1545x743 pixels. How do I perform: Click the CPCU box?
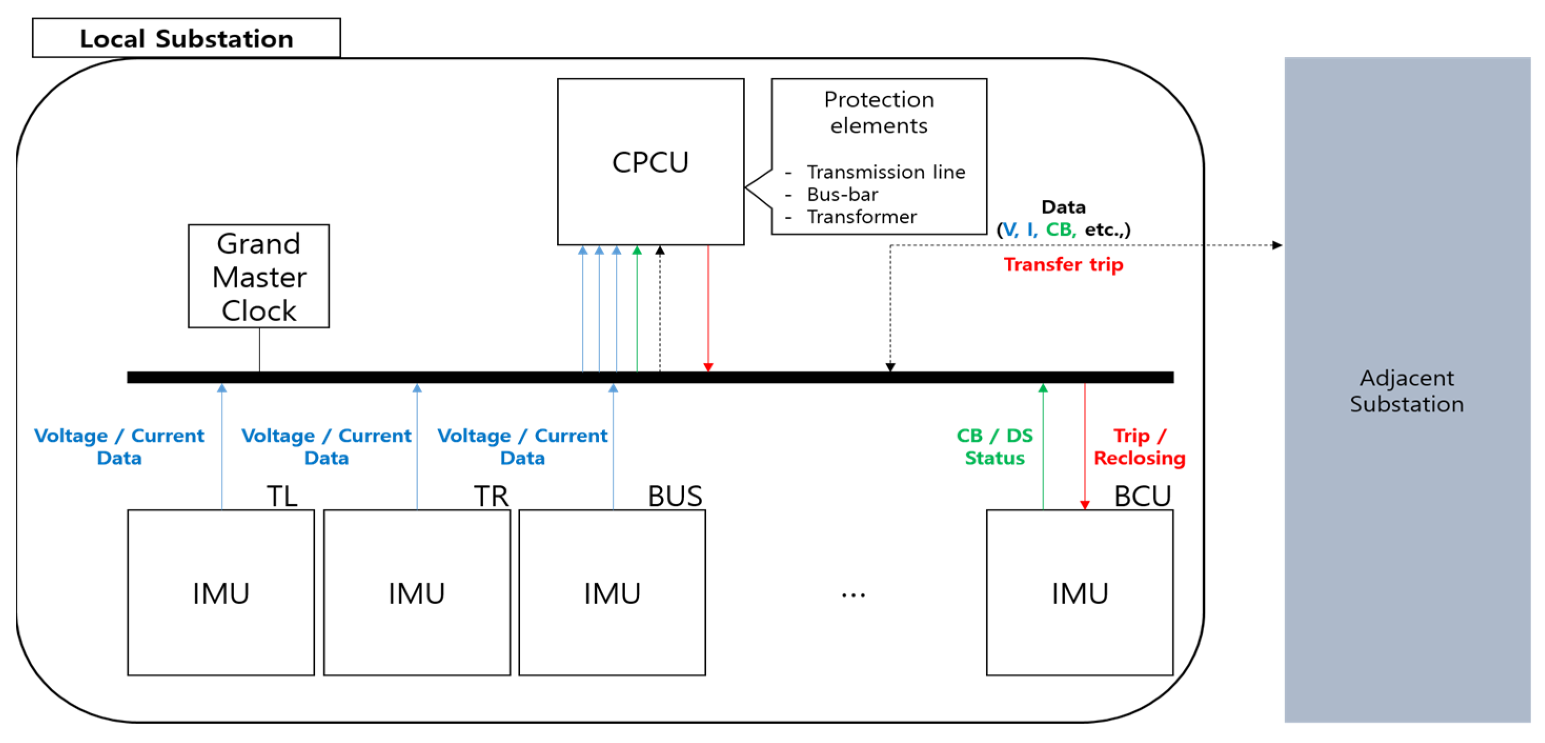click(x=650, y=162)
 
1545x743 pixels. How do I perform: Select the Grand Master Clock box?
click(x=259, y=277)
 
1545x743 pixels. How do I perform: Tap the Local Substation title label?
click(x=187, y=38)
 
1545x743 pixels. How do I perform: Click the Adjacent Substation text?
click(x=1407, y=391)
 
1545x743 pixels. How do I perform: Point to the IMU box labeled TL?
click(x=221, y=593)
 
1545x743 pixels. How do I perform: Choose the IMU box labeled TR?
click(x=417, y=593)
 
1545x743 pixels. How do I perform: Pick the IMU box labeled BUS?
click(x=612, y=593)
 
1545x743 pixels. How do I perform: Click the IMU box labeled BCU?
click(x=1080, y=593)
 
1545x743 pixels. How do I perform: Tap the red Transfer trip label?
click(x=1063, y=264)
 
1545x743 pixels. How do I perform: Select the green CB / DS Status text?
click(x=994, y=447)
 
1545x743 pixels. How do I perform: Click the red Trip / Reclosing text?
click(x=1139, y=447)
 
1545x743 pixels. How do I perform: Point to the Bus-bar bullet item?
click(x=842, y=195)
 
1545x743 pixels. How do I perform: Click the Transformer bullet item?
click(x=861, y=217)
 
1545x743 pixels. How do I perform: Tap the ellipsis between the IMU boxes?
click(x=853, y=595)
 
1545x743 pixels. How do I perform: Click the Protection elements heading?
click(x=879, y=112)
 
